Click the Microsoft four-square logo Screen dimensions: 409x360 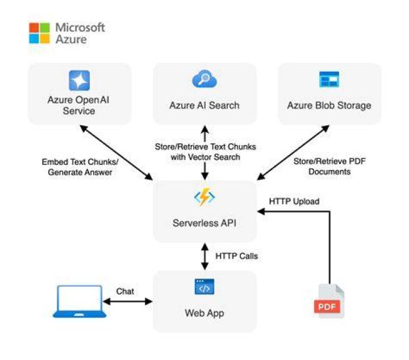tap(39, 33)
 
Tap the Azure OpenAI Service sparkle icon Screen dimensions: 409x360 tap(80, 80)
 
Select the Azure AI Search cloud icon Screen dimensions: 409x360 tap(204, 79)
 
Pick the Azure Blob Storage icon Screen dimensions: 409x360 tap(329, 79)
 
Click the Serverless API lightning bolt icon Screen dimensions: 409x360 tap(204, 197)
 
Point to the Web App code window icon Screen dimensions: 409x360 tap(204, 287)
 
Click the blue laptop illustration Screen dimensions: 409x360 tap(80, 301)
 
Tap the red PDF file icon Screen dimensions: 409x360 tap(329, 301)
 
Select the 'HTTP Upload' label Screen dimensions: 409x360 tap(294, 201)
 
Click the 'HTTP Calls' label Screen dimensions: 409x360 tap(236, 256)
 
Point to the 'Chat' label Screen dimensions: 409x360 tap(125, 291)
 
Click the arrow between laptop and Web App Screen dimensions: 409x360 tap(128, 301)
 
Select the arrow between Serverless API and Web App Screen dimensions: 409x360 tap(204, 256)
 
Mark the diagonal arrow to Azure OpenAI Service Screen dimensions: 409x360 tap(116, 153)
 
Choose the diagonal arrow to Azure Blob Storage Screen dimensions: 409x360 tap(293, 153)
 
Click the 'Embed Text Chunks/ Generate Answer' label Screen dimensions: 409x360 tap(80, 167)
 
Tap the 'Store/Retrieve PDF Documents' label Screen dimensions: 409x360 tap(329, 166)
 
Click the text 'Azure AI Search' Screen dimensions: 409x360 tap(204, 105)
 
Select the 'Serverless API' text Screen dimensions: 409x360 tap(204, 223)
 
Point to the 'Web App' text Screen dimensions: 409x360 tap(204, 313)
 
